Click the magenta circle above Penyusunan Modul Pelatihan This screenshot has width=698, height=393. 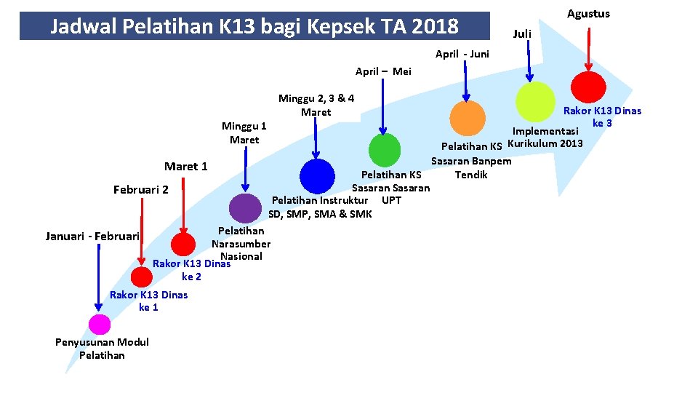click(x=100, y=325)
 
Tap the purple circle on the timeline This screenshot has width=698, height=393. click(x=245, y=208)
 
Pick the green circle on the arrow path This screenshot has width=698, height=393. click(x=385, y=151)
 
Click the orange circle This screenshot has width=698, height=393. click(x=468, y=118)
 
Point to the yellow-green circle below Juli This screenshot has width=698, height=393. click(x=534, y=100)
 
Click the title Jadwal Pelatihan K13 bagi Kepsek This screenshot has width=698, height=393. click(x=254, y=27)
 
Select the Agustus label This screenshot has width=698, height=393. click(x=588, y=14)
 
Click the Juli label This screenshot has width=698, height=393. click(x=522, y=34)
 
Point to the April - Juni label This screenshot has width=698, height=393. click(x=462, y=54)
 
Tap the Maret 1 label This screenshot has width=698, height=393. click(x=185, y=167)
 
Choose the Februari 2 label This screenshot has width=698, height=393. click(x=141, y=190)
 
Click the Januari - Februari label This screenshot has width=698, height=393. click(x=92, y=237)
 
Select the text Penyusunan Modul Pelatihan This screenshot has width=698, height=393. click(x=102, y=349)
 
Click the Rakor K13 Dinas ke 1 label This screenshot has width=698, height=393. click(x=148, y=301)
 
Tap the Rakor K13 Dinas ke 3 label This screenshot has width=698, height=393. click(x=603, y=117)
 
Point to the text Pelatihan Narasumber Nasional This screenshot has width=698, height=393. click(x=241, y=244)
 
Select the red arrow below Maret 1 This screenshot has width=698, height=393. click(x=183, y=204)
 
